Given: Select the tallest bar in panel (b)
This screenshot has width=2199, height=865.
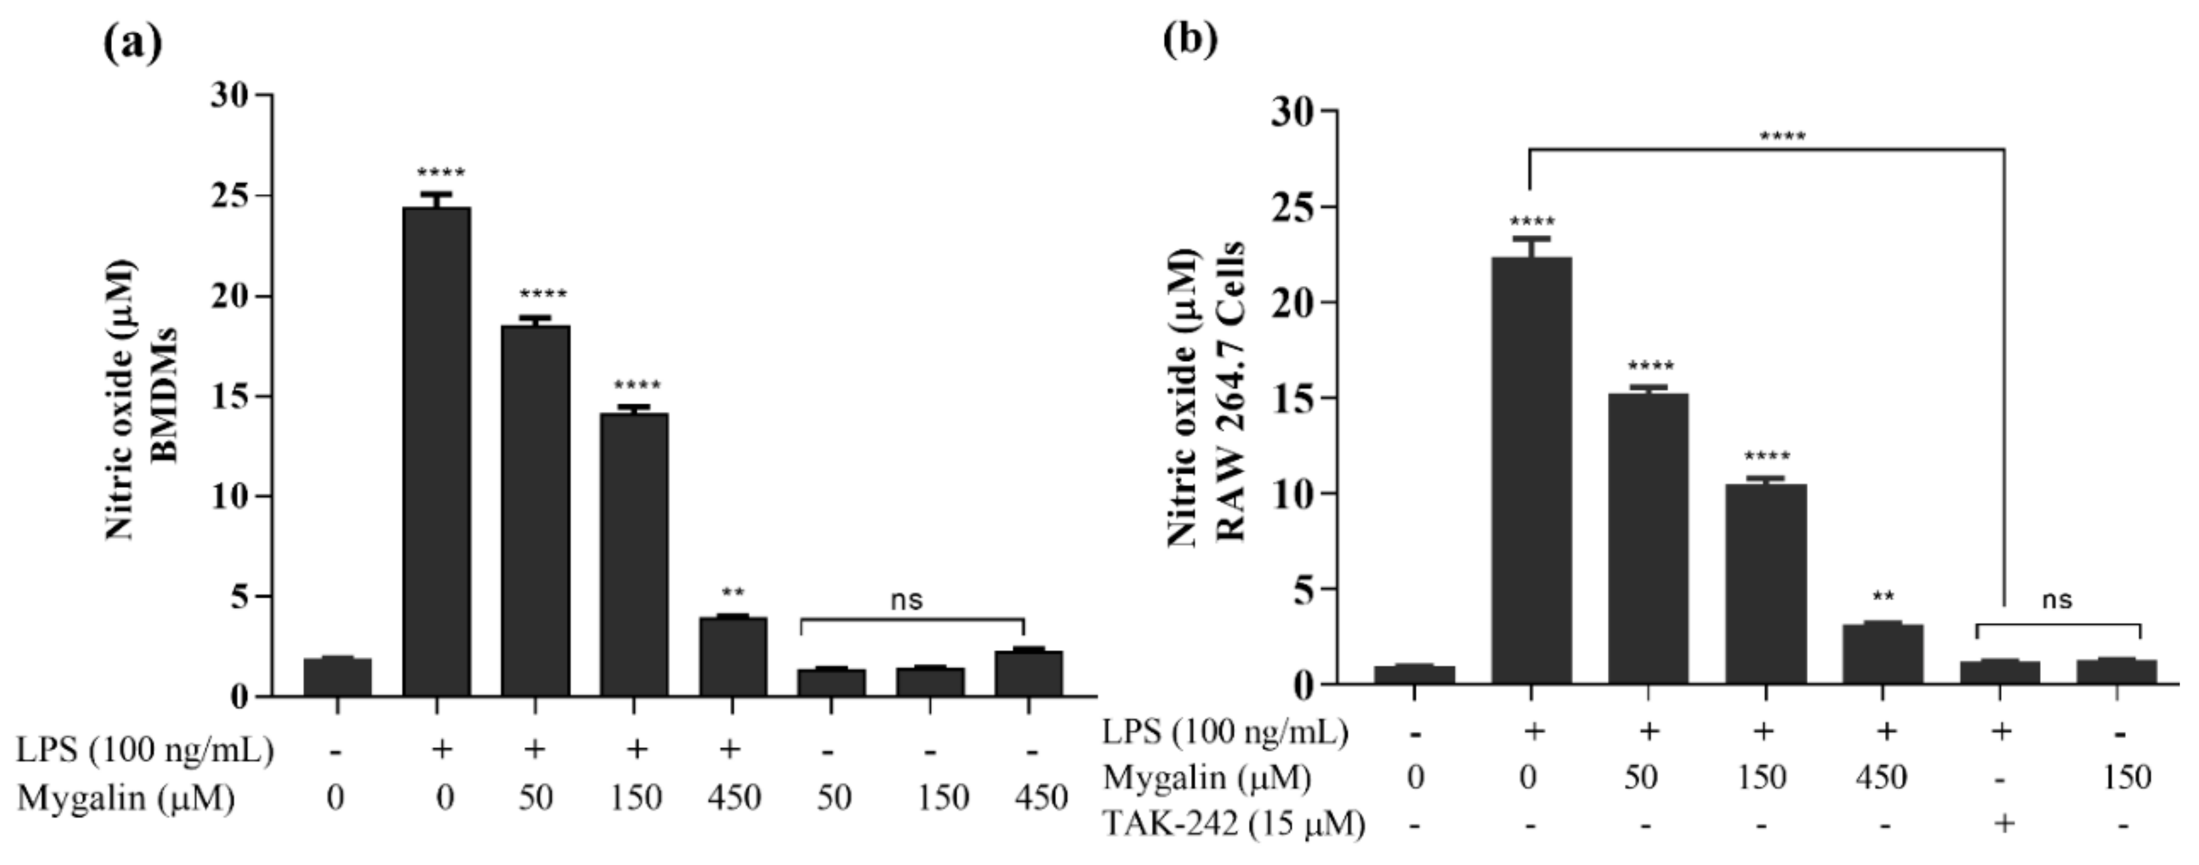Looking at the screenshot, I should click(1532, 470).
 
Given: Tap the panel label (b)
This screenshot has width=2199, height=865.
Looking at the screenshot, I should click(1191, 38).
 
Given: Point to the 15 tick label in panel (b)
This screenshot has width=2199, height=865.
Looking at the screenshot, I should click(1294, 399).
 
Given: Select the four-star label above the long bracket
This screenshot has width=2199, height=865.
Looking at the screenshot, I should click(1782, 137).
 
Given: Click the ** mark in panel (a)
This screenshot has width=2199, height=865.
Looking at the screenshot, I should click(732, 592).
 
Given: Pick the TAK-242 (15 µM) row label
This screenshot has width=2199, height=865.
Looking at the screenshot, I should click(1234, 824).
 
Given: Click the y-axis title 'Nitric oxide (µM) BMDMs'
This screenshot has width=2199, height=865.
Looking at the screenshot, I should click(141, 399).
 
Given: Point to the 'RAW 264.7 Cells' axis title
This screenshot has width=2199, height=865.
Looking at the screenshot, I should click(1230, 393).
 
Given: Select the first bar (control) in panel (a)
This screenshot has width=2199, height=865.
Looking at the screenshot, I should click(337, 676).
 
